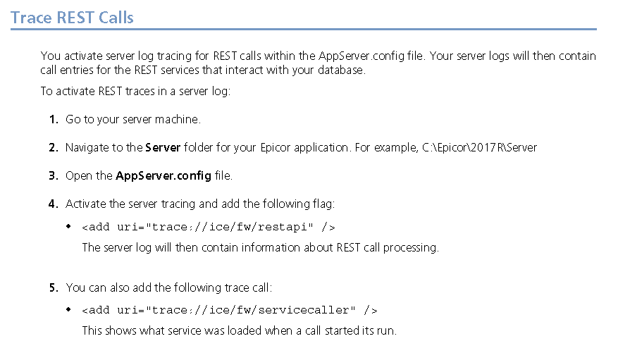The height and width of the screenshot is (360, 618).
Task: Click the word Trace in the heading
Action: pyautogui.click(x=30, y=17)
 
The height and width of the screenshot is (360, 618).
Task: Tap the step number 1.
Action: pyautogui.click(x=54, y=120)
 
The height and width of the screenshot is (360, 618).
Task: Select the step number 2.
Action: pyautogui.click(x=54, y=148)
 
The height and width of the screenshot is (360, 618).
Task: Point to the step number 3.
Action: pyautogui.click(x=54, y=176)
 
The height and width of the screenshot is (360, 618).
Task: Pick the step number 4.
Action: pyautogui.click(x=54, y=204)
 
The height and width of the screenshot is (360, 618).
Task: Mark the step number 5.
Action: pyautogui.click(x=54, y=287)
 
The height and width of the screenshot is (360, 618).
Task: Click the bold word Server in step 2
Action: pyautogui.click(x=163, y=148)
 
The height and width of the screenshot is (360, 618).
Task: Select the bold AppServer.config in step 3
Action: pyautogui.click(x=163, y=176)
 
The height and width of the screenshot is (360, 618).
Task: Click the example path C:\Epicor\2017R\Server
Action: pyautogui.click(x=480, y=148)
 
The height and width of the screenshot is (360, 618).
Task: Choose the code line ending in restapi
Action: pyautogui.click(x=208, y=227)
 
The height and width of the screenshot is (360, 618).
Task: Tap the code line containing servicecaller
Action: pyautogui.click(x=229, y=310)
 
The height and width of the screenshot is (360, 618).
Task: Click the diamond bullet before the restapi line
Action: pyautogui.click(x=68, y=227)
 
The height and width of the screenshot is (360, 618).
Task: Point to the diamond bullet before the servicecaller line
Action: pyautogui.click(x=68, y=310)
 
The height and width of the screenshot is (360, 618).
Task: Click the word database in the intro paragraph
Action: pyautogui.click(x=342, y=70)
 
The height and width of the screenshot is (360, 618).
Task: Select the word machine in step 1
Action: pyautogui.click(x=180, y=120)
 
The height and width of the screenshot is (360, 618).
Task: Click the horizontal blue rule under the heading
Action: pyautogui.click(x=303, y=30)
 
